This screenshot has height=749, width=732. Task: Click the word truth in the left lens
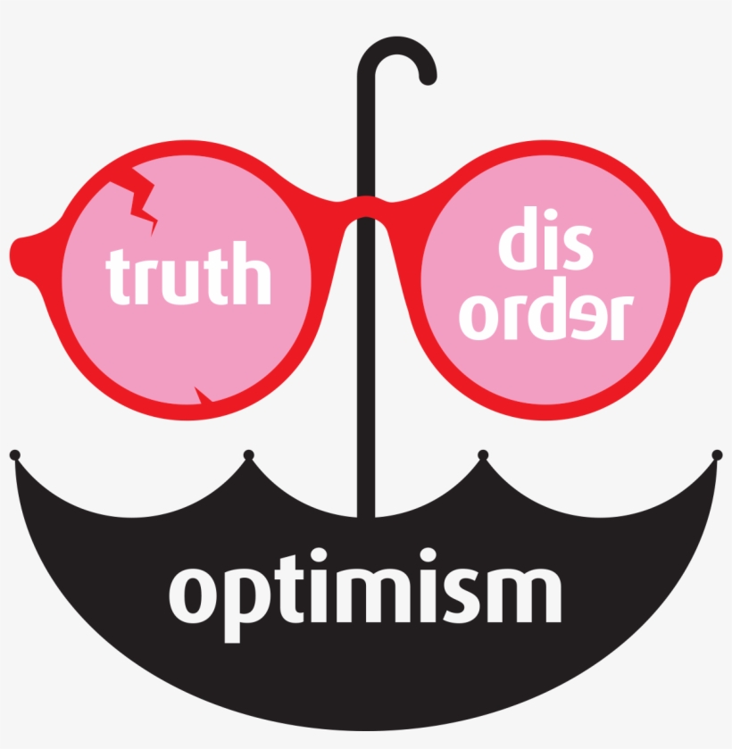point(188,274)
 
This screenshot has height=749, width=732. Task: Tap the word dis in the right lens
point(545,237)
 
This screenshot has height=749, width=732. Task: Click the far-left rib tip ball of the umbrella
point(15,454)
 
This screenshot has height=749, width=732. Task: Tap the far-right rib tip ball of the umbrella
point(717,454)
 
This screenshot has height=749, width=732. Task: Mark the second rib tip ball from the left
point(249,454)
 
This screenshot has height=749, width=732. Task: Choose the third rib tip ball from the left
point(483,454)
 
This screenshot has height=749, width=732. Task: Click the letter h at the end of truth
point(252,272)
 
